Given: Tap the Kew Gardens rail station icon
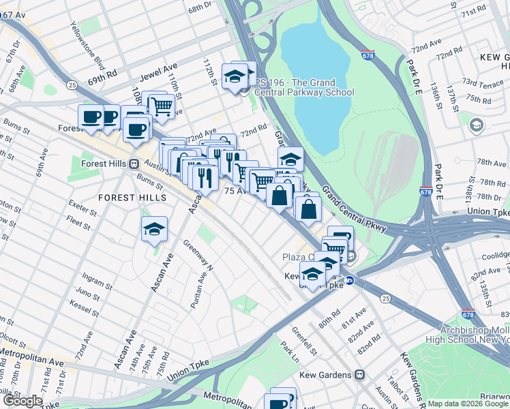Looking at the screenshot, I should point(360,375).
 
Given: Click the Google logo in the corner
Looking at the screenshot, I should point(22,401).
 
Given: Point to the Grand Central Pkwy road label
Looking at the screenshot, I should point(355,207).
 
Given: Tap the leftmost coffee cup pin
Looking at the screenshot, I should point(91,117).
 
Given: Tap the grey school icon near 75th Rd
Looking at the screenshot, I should point(475,125).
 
